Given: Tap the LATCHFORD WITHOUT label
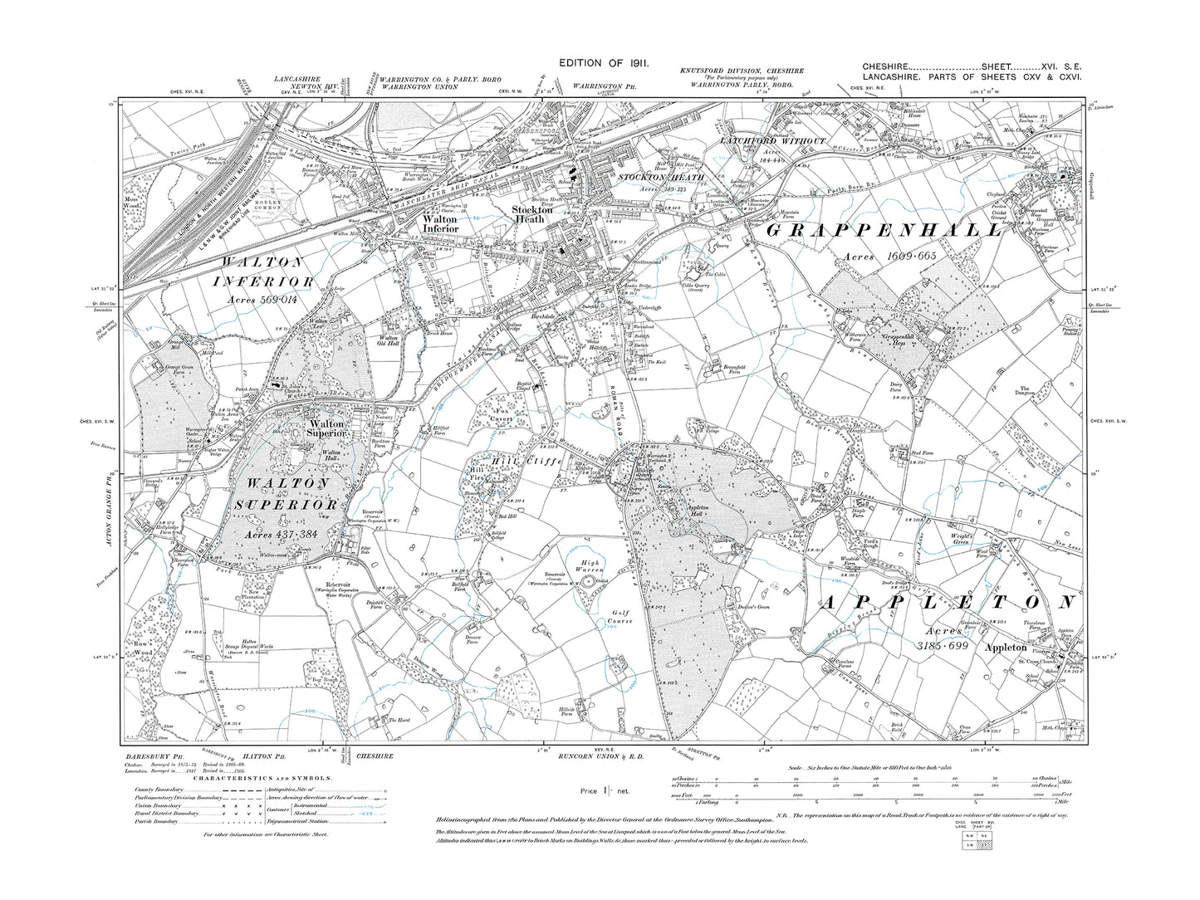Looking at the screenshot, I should point(772,141).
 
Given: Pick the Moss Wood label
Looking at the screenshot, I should point(138,226).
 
